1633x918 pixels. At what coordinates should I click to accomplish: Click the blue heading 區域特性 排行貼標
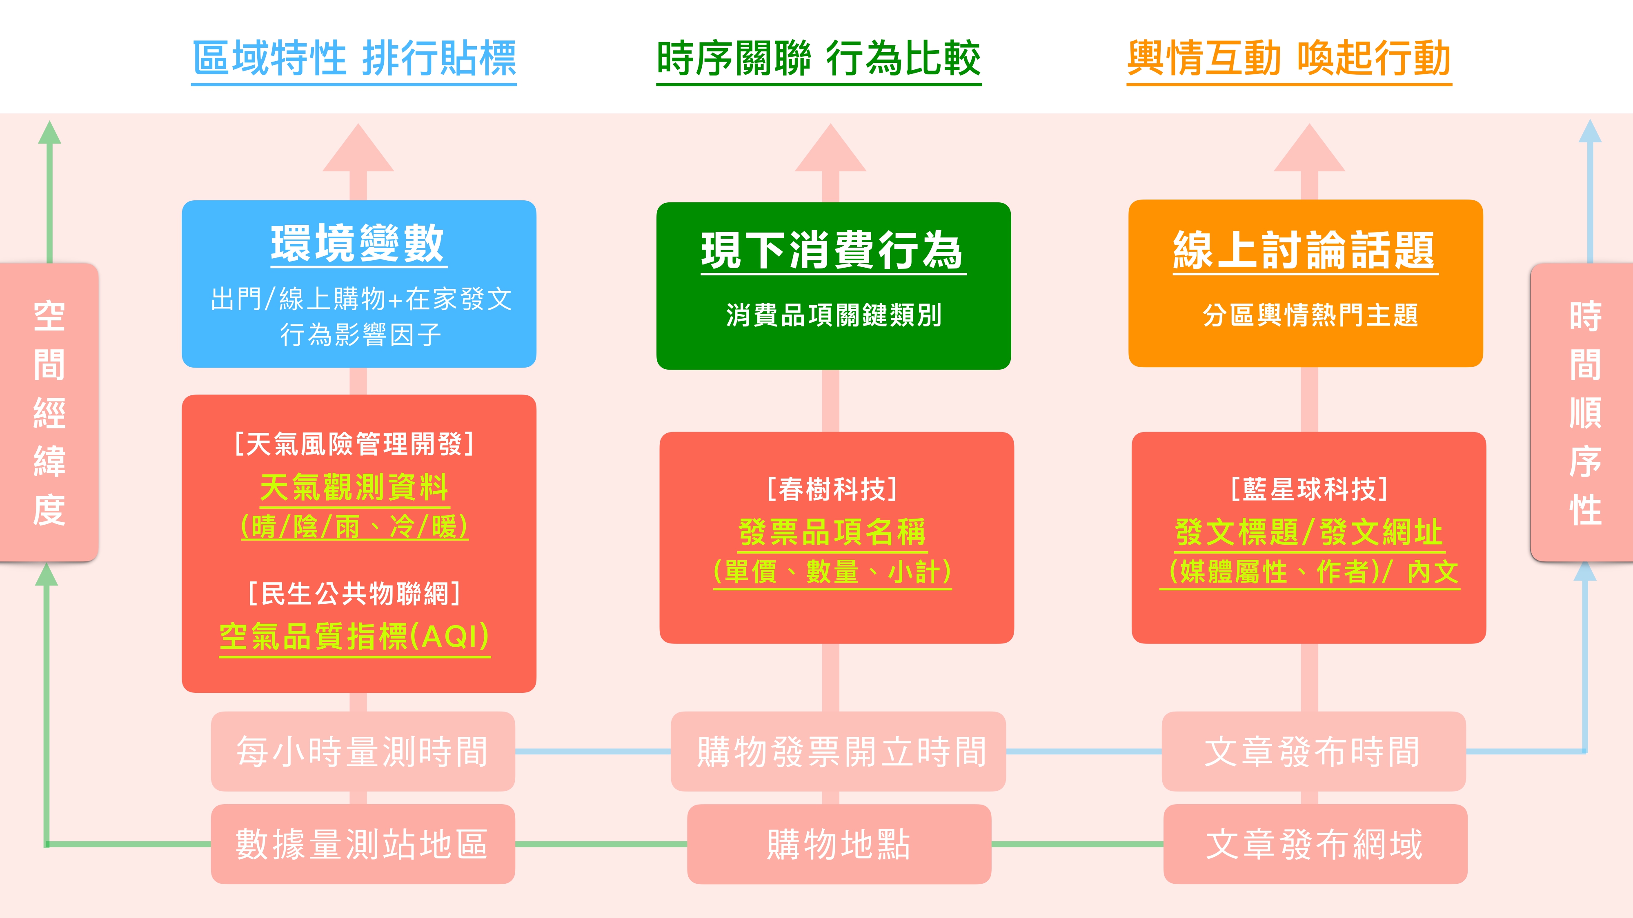(354, 58)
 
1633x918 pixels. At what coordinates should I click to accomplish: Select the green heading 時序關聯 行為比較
(819, 58)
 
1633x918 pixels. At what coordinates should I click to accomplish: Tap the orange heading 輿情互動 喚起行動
(1289, 58)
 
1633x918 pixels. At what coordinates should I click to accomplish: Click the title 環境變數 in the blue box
(358, 244)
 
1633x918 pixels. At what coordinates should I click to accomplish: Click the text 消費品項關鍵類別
(834, 315)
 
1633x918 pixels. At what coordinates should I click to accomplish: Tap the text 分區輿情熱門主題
(1310, 315)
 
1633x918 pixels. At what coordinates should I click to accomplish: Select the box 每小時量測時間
(363, 752)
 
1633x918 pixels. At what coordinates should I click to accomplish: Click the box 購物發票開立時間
(838, 752)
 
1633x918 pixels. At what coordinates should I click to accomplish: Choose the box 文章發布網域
(1315, 844)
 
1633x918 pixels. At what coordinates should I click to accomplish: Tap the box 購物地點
(839, 844)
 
